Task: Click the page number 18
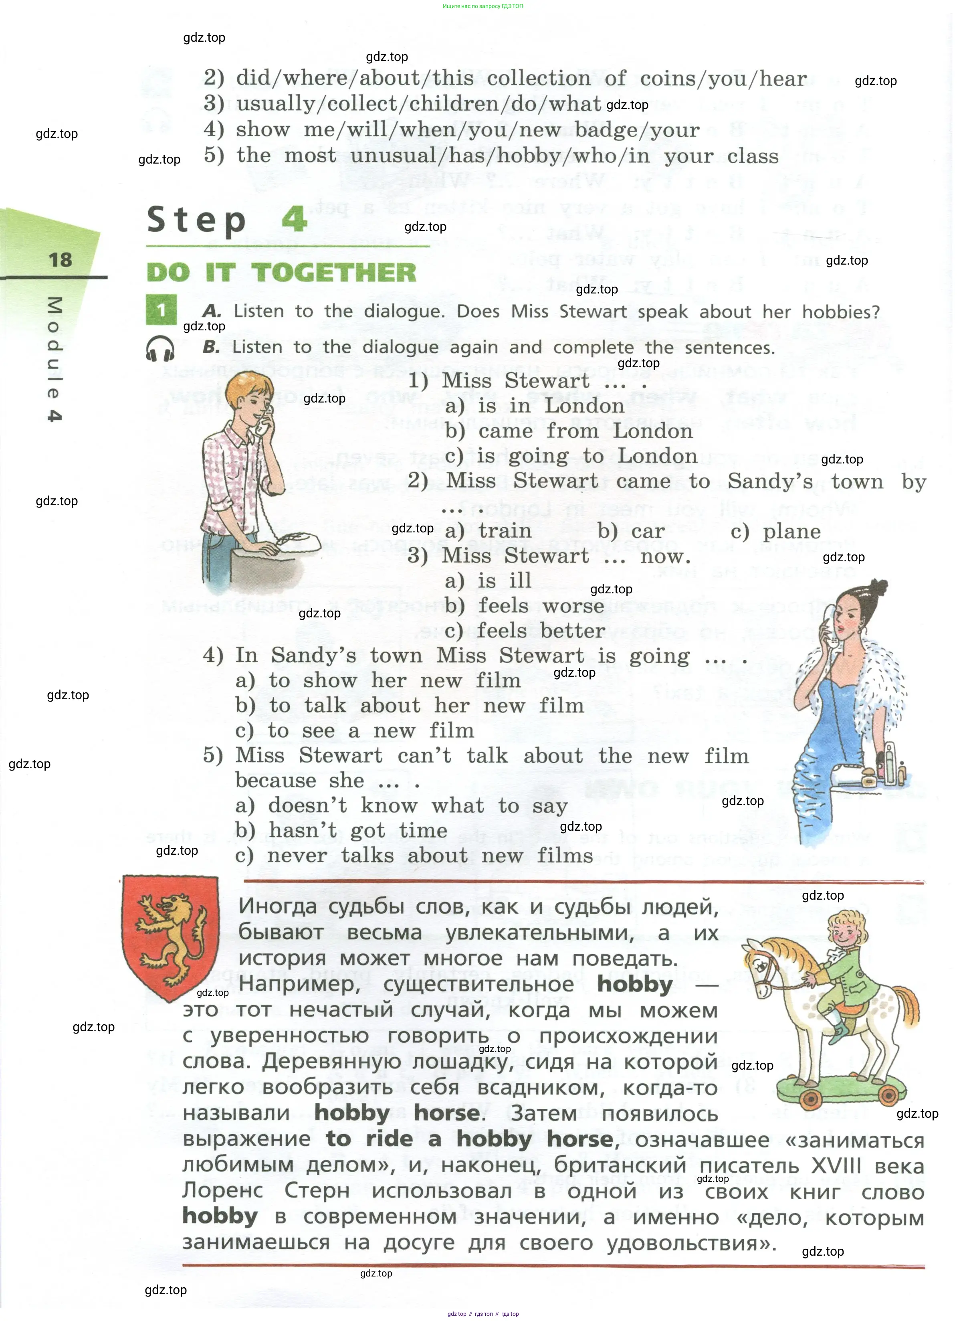60,260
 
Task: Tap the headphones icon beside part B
160,349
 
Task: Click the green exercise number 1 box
161,310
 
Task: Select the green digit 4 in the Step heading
295,218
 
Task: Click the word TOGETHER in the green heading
334,273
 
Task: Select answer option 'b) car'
631,531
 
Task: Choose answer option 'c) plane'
775,532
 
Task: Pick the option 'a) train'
488,531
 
